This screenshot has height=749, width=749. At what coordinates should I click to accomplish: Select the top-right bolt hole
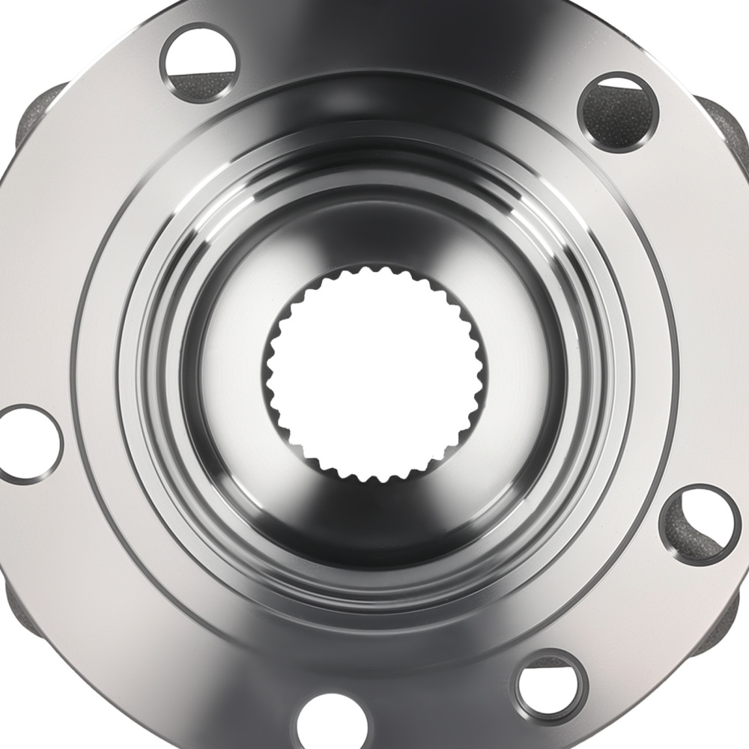click(x=614, y=112)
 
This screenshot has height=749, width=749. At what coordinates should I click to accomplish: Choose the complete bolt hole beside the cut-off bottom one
click(x=550, y=685)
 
